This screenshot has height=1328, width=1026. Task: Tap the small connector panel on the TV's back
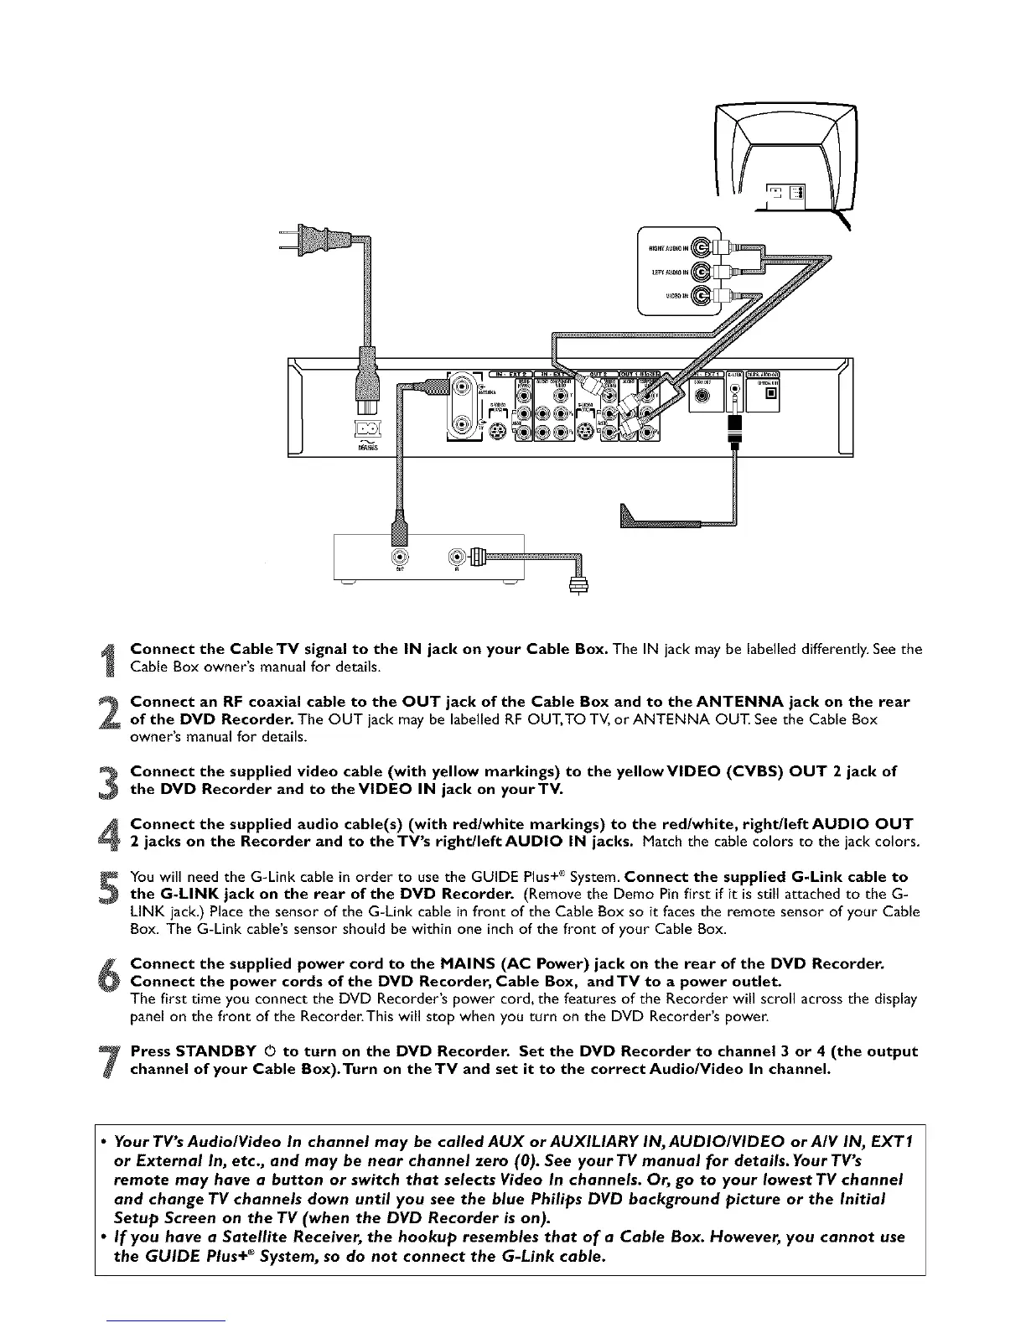[x=785, y=194]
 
